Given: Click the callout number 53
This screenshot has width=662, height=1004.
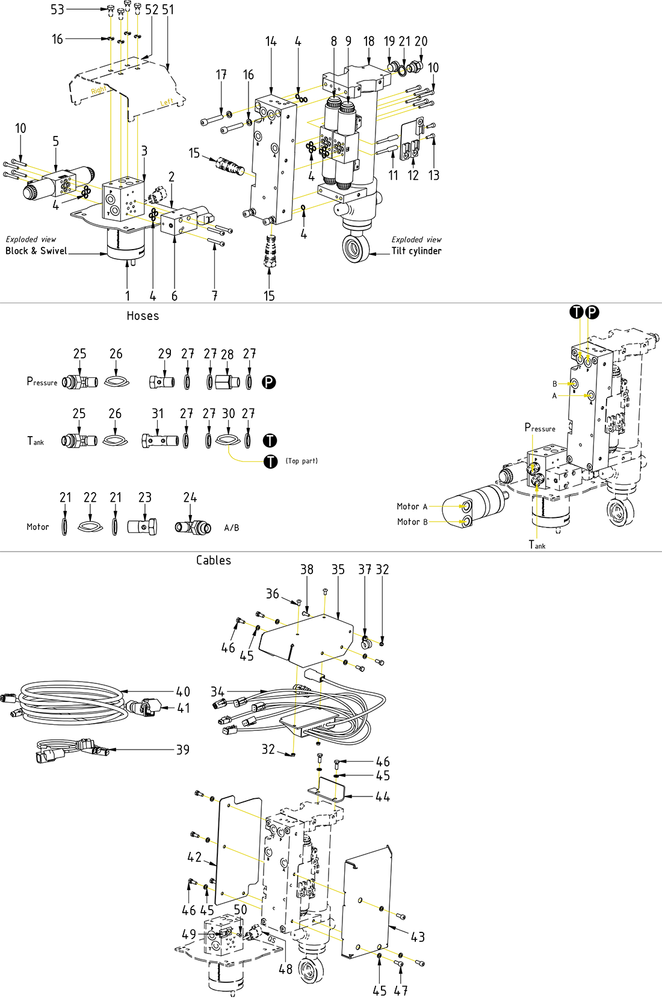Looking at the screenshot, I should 57,10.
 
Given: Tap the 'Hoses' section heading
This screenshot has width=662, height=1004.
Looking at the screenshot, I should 143,316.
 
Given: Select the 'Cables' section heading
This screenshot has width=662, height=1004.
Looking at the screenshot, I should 214,560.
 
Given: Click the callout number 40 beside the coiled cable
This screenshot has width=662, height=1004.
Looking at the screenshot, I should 183,692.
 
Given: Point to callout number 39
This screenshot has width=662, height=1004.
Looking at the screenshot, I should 182,750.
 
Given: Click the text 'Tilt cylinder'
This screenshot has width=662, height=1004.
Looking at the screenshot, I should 416,251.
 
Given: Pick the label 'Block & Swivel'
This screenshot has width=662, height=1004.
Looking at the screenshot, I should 36,251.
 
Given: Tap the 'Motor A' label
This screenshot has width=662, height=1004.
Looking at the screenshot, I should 412,507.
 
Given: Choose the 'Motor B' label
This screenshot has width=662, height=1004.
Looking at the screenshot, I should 412,522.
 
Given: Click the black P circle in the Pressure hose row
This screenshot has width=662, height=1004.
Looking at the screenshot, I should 269,382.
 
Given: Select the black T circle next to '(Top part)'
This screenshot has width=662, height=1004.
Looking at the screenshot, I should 271,461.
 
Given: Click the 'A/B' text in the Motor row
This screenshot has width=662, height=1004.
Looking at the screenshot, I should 232,528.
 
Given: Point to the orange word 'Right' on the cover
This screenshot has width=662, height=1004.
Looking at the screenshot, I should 99,90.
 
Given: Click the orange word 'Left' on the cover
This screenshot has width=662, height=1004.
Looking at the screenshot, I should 167,102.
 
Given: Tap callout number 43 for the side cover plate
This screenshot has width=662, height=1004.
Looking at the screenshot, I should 418,937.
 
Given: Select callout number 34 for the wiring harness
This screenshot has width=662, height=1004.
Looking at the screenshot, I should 217,692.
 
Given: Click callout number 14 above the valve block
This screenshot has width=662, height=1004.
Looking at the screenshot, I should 271,42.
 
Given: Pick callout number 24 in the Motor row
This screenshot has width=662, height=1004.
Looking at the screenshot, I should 190,497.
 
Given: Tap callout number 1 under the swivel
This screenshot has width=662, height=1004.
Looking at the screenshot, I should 128,295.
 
